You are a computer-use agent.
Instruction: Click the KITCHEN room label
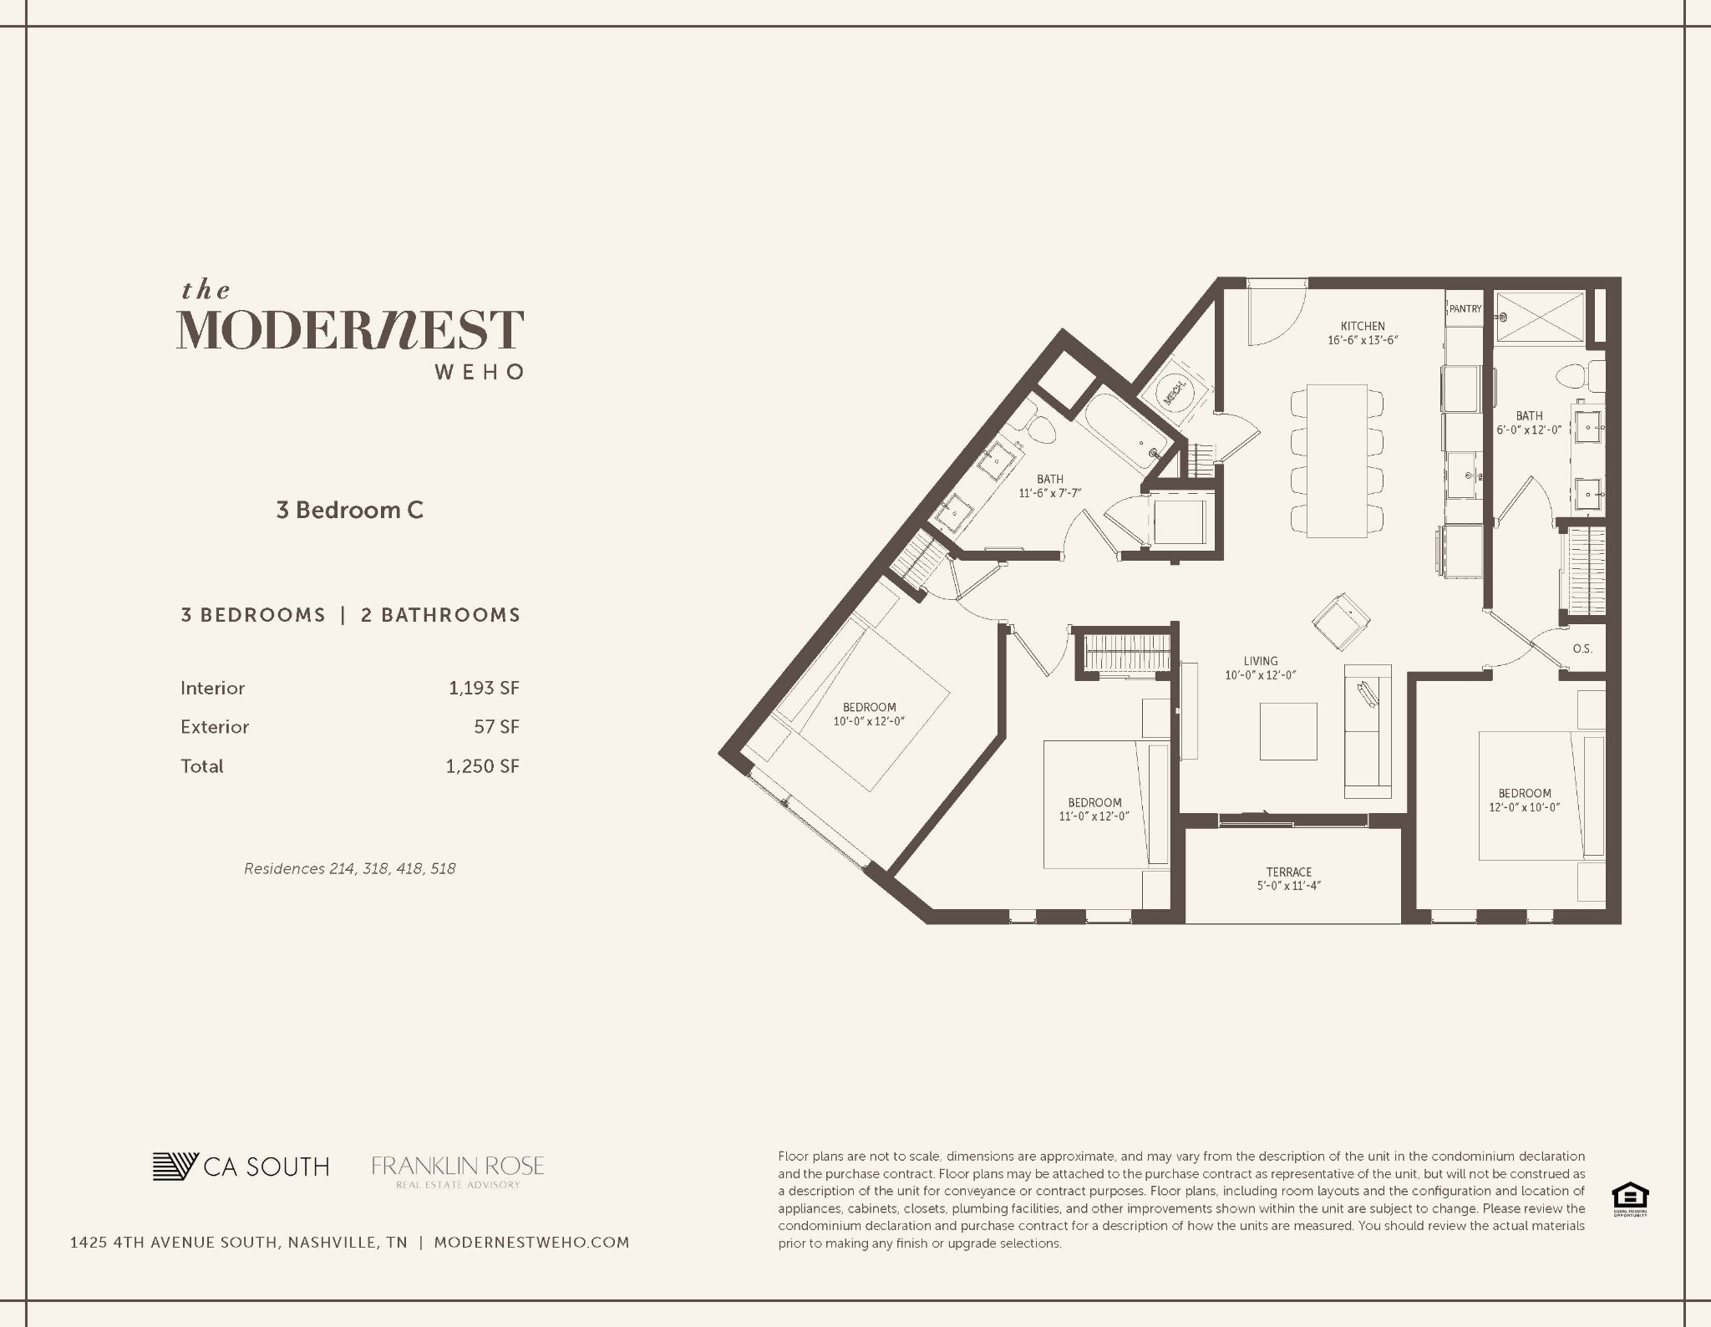pyautogui.click(x=1363, y=326)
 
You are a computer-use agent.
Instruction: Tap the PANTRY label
pyautogui.click(x=1465, y=309)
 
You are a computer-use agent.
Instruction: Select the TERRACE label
pyautogui.click(x=1288, y=872)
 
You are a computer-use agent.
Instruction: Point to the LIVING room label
pyautogui.click(x=1260, y=661)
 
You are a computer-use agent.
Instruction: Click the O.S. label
pyautogui.click(x=1582, y=648)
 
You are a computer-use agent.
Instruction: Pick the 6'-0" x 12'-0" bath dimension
pyautogui.click(x=1528, y=430)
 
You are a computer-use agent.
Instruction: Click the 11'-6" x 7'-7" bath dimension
pyautogui.click(x=1049, y=493)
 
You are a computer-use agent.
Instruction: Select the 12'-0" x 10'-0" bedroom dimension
pyautogui.click(x=1524, y=807)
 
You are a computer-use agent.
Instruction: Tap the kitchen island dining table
pyautogui.click(x=1337, y=460)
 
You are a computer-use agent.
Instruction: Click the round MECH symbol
pyautogui.click(x=1174, y=389)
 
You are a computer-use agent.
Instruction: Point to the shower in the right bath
pyautogui.click(x=1539, y=317)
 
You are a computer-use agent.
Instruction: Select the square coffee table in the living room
pyautogui.click(x=1287, y=731)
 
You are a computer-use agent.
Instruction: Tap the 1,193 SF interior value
pyautogui.click(x=484, y=688)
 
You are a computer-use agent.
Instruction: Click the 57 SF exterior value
pyautogui.click(x=496, y=727)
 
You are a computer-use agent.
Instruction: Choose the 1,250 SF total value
pyautogui.click(x=482, y=766)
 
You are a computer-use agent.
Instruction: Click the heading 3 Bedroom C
pyautogui.click(x=349, y=510)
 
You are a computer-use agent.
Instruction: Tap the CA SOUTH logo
pyautogui.click(x=241, y=1167)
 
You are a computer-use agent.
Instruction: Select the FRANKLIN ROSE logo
pyautogui.click(x=458, y=1171)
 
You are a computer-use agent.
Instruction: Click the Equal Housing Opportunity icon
pyautogui.click(x=1629, y=1197)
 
